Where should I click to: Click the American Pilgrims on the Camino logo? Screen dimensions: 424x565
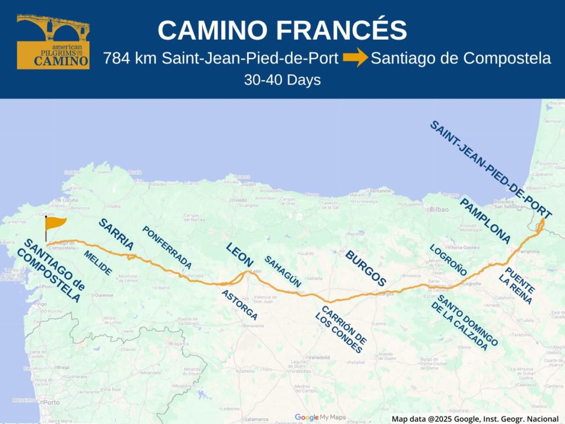pyautogui.click(x=53, y=42)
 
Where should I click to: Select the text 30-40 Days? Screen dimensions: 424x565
pyautogui.click(x=282, y=80)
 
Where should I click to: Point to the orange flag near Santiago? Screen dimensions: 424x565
pyautogui.click(x=54, y=224)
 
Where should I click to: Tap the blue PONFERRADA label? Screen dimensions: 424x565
pyautogui.click(x=167, y=247)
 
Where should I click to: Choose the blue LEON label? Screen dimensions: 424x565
pyautogui.click(x=239, y=255)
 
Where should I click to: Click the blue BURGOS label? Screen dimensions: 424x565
pyautogui.click(x=365, y=268)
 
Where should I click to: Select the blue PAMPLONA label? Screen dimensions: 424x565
pyautogui.click(x=485, y=221)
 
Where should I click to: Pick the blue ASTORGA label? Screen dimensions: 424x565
pyautogui.click(x=239, y=305)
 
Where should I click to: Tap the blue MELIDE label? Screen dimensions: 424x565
pyautogui.click(x=98, y=263)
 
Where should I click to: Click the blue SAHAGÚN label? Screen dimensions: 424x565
pyautogui.click(x=282, y=271)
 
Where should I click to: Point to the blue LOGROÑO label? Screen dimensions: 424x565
pyautogui.click(x=448, y=260)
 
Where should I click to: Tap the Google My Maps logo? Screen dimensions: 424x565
pyautogui.click(x=320, y=417)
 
